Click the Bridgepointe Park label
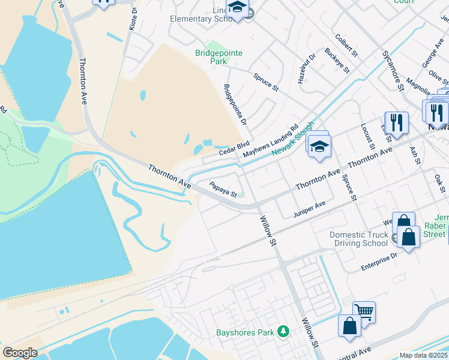tap(218, 57)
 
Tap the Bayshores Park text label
tap(245, 332)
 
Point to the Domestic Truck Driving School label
tap(358, 239)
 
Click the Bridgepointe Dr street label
tap(235, 105)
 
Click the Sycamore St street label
tap(393, 71)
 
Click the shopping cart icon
tap(364, 311)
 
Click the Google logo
tap(20, 353)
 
